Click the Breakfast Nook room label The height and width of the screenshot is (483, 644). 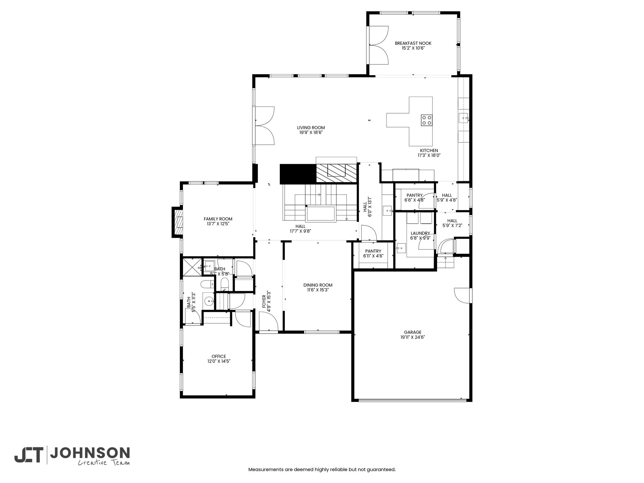click(413, 43)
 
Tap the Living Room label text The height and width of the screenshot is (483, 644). click(311, 128)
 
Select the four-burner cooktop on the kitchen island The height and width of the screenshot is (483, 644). click(427, 120)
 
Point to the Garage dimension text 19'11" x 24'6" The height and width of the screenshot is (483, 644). click(413, 337)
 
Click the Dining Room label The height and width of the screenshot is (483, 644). click(318, 285)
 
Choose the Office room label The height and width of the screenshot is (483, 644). click(219, 357)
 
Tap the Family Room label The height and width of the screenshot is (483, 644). click(218, 219)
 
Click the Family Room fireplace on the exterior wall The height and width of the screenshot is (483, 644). click(177, 222)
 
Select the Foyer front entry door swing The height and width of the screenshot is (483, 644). click(269, 321)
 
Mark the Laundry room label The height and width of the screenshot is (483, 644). click(420, 233)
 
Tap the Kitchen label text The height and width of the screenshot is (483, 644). click(429, 151)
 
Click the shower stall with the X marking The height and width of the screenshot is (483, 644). click(192, 267)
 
